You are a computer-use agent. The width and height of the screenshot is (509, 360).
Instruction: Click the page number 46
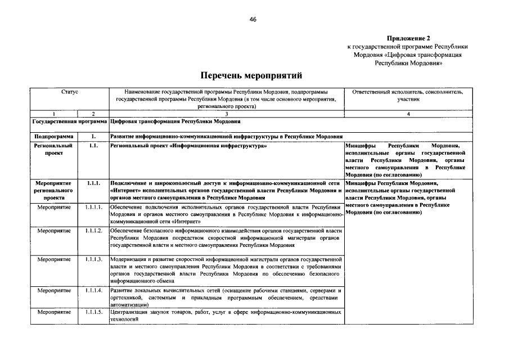(253, 19)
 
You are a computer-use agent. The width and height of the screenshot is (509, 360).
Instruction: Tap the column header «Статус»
(70, 91)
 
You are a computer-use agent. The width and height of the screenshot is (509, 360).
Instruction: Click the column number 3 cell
(226, 114)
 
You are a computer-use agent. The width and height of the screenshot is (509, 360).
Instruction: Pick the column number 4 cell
(408, 114)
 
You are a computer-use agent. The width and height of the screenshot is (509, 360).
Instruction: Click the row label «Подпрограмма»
(53, 136)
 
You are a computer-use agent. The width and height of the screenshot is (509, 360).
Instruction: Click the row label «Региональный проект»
(53, 149)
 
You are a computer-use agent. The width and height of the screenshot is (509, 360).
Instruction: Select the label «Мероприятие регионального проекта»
(53, 190)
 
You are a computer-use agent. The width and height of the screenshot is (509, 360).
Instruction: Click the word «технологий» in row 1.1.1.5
(125, 319)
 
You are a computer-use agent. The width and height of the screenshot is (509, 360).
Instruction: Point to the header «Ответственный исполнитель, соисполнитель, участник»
(408, 94)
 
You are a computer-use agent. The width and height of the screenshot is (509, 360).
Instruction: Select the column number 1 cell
(53, 114)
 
